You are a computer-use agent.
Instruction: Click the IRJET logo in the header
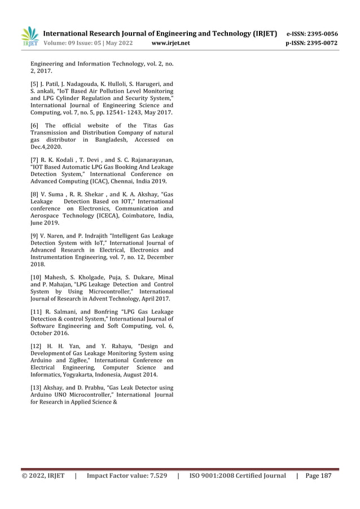click(x=29, y=37)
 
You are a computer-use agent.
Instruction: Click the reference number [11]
click(x=36, y=313)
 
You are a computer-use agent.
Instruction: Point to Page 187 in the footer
click(x=319, y=476)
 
